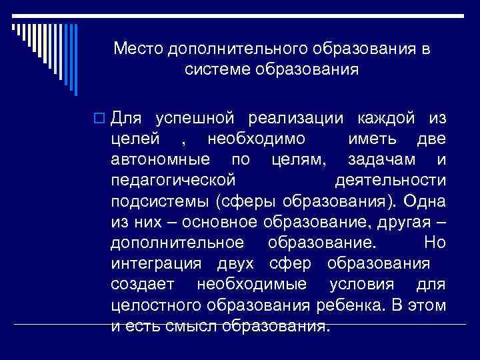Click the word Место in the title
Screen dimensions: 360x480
pyautogui.click(x=137, y=49)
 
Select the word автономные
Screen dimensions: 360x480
pyautogui.click(x=160, y=160)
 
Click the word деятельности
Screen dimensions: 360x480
pyautogui.click(x=389, y=181)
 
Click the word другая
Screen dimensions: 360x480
pyautogui.click(x=407, y=222)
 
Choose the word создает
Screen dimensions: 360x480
pyautogui.click(x=143, y=284)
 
